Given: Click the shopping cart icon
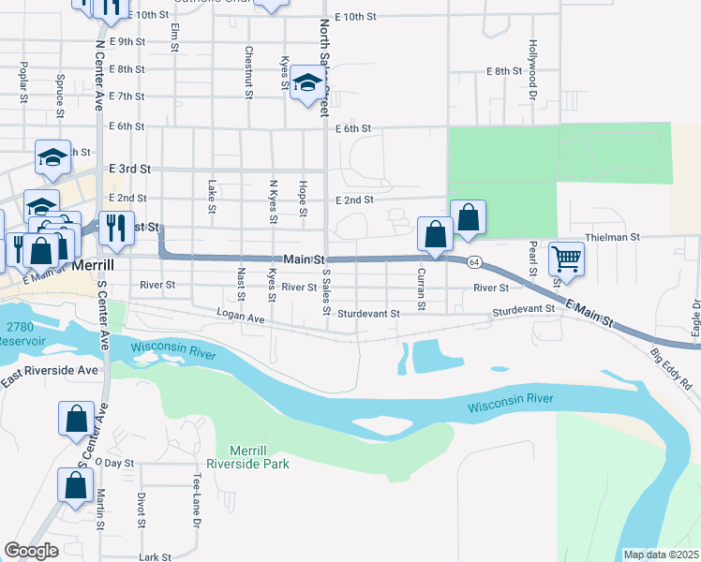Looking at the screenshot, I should coord(567,258).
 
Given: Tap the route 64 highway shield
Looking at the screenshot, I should coord(476,261).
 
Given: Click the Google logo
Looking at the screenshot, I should coord(31,551).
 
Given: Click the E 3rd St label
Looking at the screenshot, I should coord(129,169).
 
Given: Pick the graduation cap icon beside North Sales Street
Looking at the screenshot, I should coord(306,84).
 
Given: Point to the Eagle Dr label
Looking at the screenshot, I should coord(695,318).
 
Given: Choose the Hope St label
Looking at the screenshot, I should coord(304,199).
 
